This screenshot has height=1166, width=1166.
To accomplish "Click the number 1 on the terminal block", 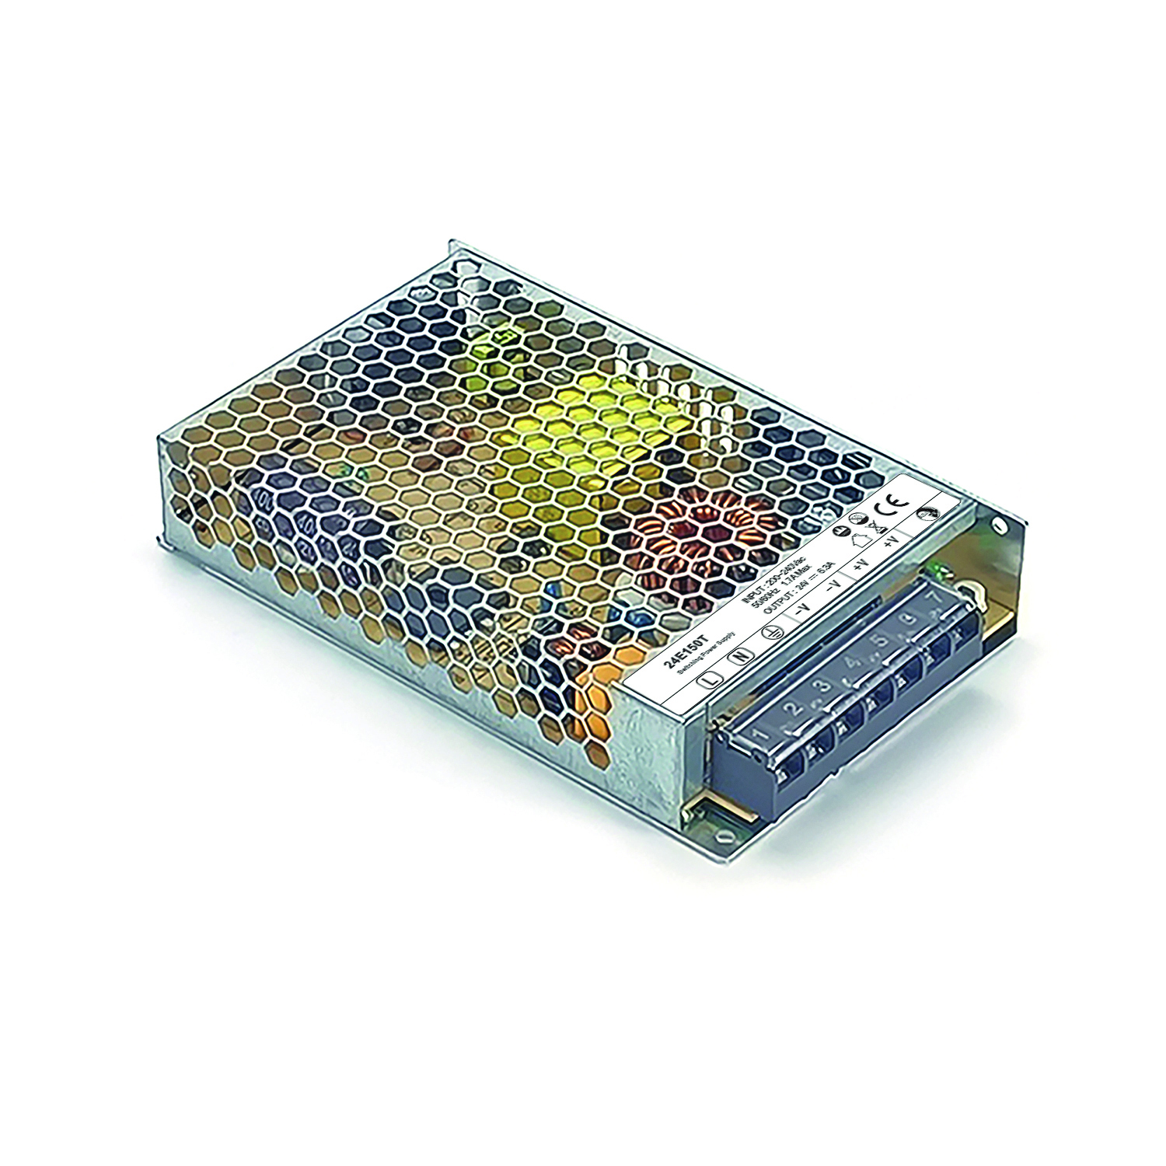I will tap(761, 733).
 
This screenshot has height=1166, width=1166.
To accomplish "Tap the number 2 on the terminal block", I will tap(792, 710).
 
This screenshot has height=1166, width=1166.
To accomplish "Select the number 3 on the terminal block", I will tap(821, 687).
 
